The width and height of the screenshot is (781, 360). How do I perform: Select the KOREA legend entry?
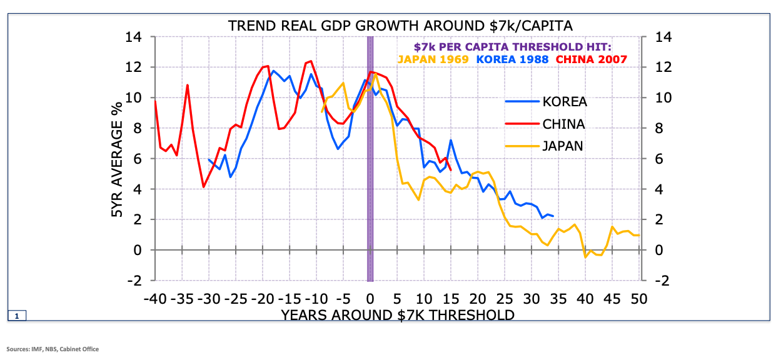[565, 102]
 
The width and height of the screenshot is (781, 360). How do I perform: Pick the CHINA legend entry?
[563, 124]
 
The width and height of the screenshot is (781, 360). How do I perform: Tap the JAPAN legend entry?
[562, 146]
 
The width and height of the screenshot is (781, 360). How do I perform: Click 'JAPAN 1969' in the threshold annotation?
[433, 59]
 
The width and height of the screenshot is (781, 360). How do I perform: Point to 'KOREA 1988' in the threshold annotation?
[512, 59]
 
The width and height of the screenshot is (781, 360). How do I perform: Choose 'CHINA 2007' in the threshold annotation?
[591, 59]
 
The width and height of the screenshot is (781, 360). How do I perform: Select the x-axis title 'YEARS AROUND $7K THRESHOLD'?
[398, 314]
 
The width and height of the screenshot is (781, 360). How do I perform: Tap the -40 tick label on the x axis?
[154, 297]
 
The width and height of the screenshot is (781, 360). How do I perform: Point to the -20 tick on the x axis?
[262, 297]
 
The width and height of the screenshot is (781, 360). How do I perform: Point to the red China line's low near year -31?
[203, 186]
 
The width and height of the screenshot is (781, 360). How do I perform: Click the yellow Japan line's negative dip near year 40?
[585, 257]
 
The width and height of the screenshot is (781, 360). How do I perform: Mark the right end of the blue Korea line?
[553, 216]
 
